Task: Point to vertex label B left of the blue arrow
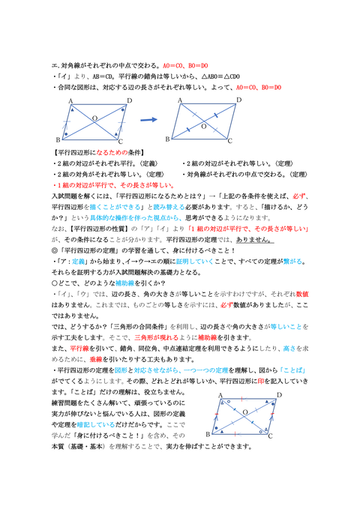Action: [57, 139]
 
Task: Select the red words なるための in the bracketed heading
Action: [109, 151]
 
